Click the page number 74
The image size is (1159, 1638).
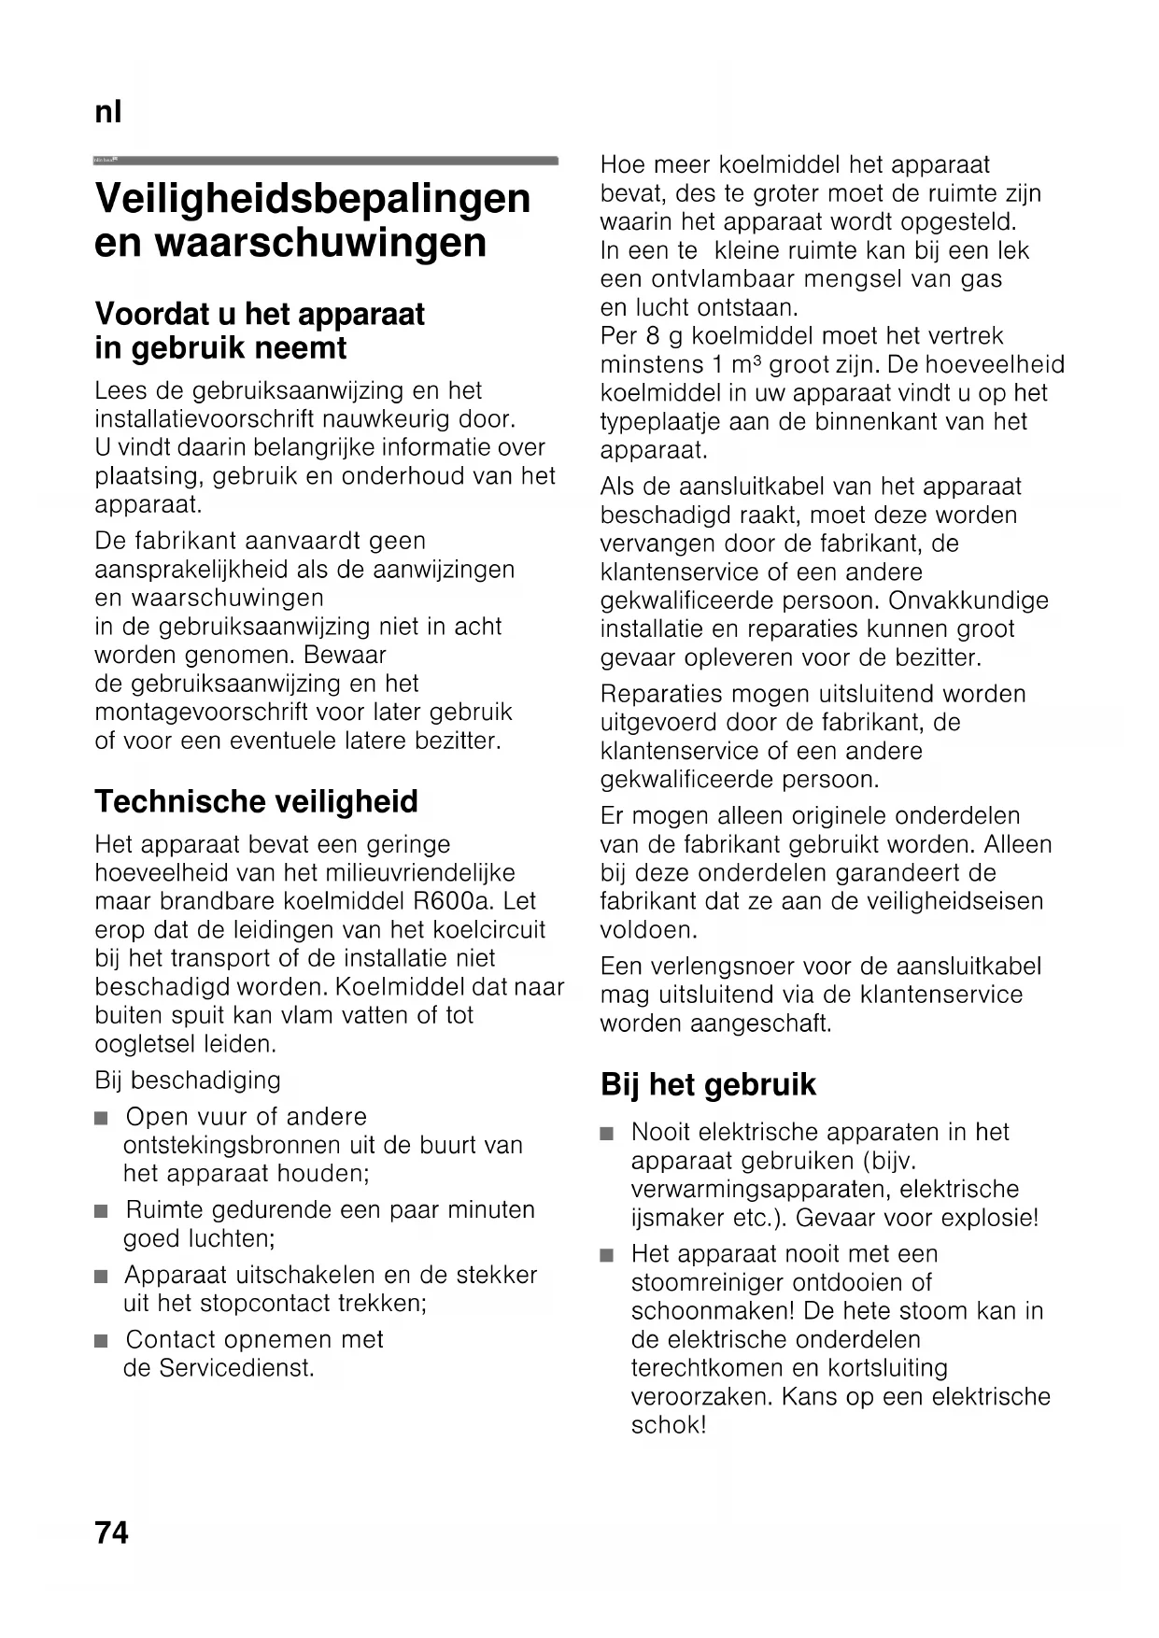point(111,1533)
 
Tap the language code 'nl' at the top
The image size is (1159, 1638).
point(108,113)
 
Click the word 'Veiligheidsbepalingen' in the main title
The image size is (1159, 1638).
point(313,198)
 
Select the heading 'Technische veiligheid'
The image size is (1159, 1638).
point(256,801)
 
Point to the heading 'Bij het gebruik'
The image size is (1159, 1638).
point(708,1084)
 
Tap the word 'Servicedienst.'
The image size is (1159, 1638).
point(233,1368)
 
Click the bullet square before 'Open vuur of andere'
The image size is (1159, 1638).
point(102,1118)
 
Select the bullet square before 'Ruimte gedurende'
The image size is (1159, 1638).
point(102,1211)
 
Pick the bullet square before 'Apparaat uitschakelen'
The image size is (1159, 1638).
point(102,1277)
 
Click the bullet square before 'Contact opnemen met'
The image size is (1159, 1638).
point(102,1341)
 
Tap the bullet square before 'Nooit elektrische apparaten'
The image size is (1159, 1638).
point(608,1134)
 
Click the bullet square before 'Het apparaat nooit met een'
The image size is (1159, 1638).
point(608,1255)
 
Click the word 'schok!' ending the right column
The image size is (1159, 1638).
point(669,1425)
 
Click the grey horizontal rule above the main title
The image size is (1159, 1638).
point(327,161)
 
